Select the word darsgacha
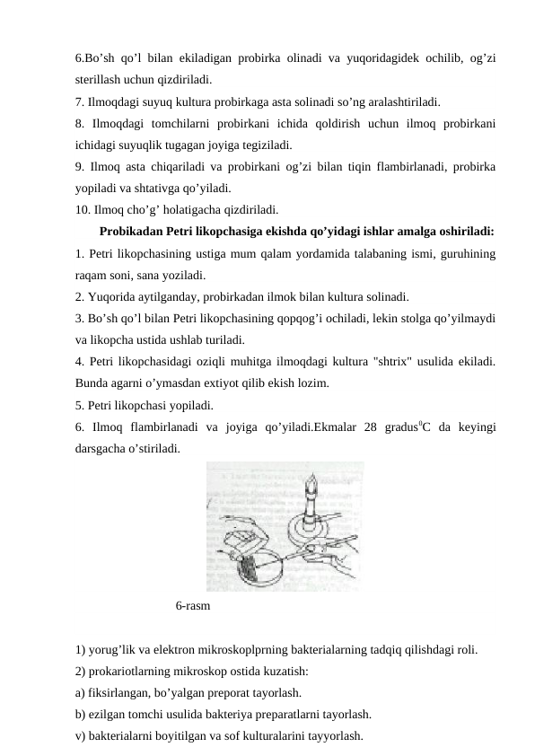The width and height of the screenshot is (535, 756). click(x=101, y=447)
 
